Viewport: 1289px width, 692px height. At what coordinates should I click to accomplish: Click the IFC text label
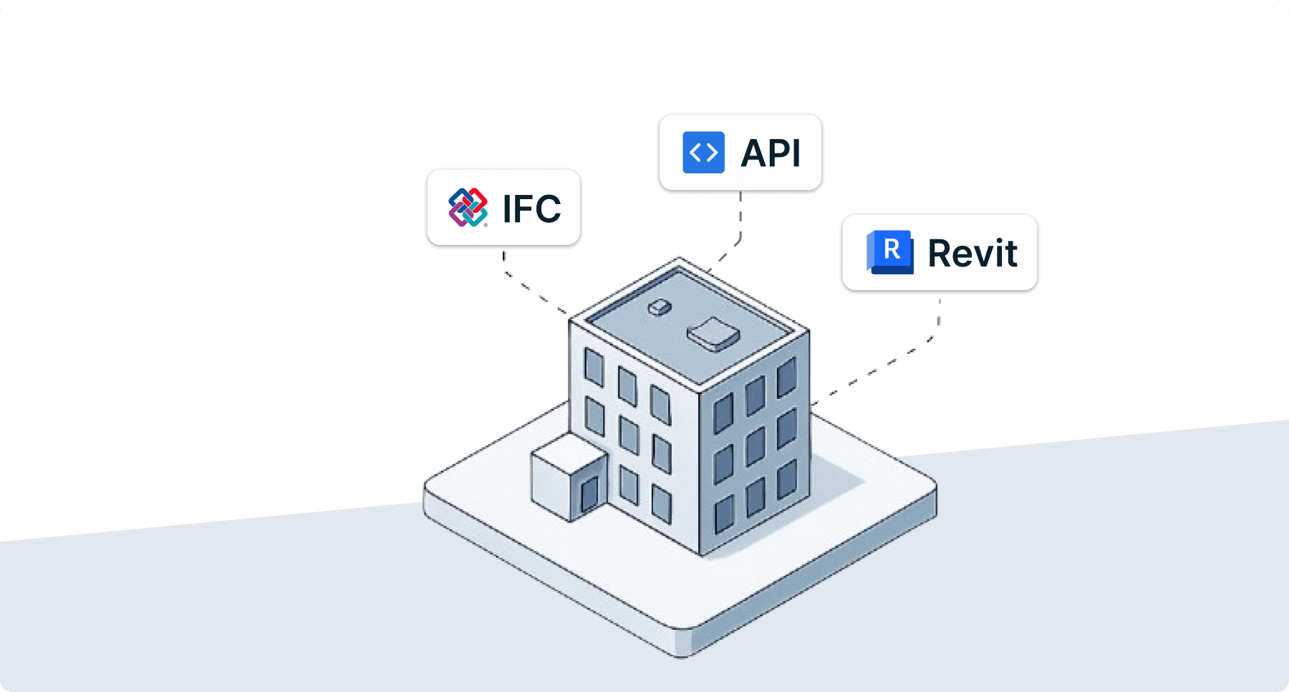531,208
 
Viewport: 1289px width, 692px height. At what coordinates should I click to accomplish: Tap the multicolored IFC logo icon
468,208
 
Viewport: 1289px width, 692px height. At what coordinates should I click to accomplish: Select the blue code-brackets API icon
703,153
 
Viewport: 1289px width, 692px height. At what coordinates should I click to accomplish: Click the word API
771,153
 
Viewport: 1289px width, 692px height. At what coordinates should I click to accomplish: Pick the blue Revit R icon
890,252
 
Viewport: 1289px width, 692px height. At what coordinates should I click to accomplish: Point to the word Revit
972,253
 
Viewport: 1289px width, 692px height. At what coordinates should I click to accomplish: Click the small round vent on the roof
659,307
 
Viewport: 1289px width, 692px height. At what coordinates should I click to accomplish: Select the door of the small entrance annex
589,494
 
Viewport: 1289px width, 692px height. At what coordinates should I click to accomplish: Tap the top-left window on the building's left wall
594,366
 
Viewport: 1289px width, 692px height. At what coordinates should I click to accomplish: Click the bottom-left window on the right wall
724,514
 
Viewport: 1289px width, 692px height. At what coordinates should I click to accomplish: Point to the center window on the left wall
629,435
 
